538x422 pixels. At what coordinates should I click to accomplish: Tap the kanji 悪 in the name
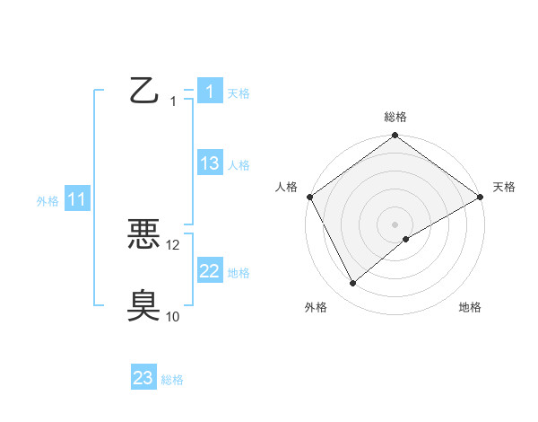143,233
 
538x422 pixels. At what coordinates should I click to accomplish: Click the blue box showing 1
209,92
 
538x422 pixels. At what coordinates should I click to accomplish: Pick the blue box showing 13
209,163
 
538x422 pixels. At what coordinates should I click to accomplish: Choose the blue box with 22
209,271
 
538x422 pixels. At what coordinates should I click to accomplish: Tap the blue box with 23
143,378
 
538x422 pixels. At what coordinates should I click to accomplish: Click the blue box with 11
76,199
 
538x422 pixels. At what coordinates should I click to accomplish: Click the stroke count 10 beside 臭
173,316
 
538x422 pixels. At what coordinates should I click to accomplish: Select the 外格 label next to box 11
48,201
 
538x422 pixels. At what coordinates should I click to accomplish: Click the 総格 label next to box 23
172,380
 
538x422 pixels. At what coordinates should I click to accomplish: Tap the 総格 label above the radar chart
395,117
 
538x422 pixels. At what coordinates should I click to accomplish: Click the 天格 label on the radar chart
504,187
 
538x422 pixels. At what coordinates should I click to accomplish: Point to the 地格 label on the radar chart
470,307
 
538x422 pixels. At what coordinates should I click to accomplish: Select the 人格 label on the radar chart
286,187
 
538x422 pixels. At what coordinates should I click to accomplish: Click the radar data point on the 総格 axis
395,136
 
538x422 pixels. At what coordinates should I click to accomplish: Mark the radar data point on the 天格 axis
481,197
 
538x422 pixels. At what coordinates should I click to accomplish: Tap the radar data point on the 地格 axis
406,239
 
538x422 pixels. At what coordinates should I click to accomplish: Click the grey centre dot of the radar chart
395,224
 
